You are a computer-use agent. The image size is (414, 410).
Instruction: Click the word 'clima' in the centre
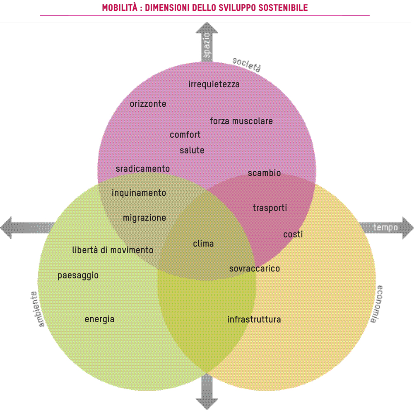pyautogui.click(x=203, y=244)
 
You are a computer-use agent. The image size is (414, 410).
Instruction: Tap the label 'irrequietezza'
pyautogui.click(x=214, y=84)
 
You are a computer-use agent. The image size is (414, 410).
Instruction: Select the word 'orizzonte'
pyautogui.click(x=148, y=104)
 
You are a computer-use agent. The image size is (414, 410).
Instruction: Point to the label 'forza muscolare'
pyautogui.click(x=241, y=121)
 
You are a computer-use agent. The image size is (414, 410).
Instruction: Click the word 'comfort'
pyautogui.click(x=185, y=135)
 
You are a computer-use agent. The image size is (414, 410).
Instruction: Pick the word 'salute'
pyautogui.click(x=192, y=151)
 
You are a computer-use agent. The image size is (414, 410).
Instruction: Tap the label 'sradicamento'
pyautogui.click(x=143, y=169)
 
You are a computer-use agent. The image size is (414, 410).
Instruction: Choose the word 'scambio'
pyautogui.click(x=264, y=173)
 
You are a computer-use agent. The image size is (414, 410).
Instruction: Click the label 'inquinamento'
pyautogui.click(x=139, y=193)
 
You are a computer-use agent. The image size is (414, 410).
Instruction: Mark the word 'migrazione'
pyautogui.click(x=144, y=218)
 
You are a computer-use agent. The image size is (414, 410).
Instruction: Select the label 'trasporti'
pyautogui.click(x=270, y=208)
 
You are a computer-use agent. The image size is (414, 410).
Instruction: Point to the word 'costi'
pyautogui.click(x=293, y=235)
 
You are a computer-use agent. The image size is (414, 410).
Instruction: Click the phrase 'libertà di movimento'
pyautogui.click(x=113, y=250)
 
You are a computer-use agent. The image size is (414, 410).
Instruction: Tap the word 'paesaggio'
pyautogui.click(x=78, y=276)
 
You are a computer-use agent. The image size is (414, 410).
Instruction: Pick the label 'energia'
pyautogui.click(x=99, y=319)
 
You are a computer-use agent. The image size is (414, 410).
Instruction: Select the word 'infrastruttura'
pyautogui.click(x=254, y=320)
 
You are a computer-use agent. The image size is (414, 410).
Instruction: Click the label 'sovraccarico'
pyautogui.click(x=254, y=269)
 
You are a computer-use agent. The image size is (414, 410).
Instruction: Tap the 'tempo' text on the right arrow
pyautogui.click(x=385, y=228)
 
